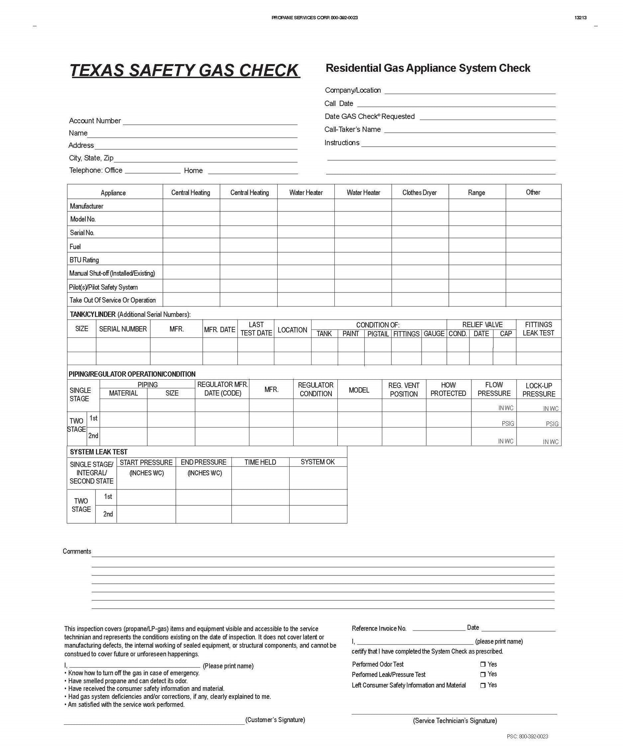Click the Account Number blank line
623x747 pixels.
coord(210,122)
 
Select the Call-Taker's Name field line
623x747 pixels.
coord(470,130)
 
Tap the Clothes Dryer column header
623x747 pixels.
coord(420,192)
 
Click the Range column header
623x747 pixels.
coord(476,192)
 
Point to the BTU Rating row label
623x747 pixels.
coord(84,260)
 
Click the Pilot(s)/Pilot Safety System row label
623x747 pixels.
coord(103,287)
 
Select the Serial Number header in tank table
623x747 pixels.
coord(123,329)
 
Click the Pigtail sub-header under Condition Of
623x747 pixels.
coord(378,334)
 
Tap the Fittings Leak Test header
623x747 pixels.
coord(538,329)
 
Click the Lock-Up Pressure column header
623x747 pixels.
coord(539,390)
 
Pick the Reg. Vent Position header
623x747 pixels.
coord(404,390)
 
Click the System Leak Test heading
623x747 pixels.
coord(98,452)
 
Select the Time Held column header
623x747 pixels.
coord(260,462)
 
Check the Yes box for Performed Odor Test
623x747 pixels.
coord(483,665)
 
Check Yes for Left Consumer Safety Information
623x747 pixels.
coord(483,685)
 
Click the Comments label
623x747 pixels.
coord(77,551)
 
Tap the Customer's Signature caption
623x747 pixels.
coord(275,720)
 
